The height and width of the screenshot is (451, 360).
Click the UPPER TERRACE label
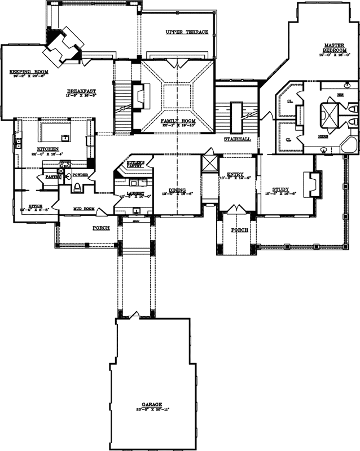click(187, 32)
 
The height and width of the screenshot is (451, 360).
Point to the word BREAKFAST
click(81, 91)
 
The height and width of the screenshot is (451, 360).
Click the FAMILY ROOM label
click(177, 121)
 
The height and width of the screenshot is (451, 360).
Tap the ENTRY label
click(235, 175)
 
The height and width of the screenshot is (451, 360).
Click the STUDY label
click(280, 189)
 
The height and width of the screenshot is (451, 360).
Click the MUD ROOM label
click(82, 209)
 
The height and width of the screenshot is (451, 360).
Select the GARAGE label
click(152, 404)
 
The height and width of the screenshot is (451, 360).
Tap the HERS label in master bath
click(323, 136)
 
